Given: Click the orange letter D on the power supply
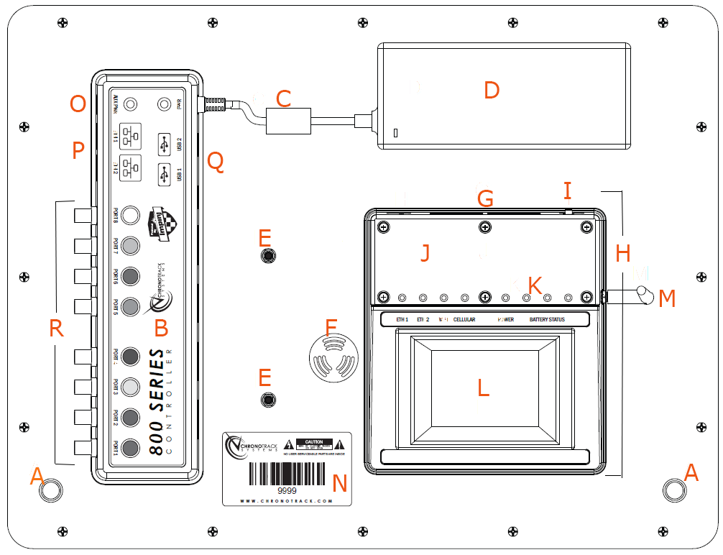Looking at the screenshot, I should click(492, 91).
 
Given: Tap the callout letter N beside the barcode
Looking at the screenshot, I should click(340, 483).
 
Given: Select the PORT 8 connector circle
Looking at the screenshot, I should click(130, 215).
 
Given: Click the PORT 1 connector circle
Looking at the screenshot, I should click(130, 449).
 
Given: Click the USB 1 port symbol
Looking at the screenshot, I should click(165, 175).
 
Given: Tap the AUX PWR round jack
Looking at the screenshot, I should click(131, 104).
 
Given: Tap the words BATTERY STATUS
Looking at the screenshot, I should click(547, 319).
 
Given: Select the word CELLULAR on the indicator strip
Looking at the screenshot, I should click(464, 319).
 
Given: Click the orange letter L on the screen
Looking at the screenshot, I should click(484, 388).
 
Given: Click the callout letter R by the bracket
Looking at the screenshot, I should click(56, 329).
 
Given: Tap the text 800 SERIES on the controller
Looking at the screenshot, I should click(157, 402).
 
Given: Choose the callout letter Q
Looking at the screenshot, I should click(215, 162).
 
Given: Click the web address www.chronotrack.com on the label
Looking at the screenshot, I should click(286, 501).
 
